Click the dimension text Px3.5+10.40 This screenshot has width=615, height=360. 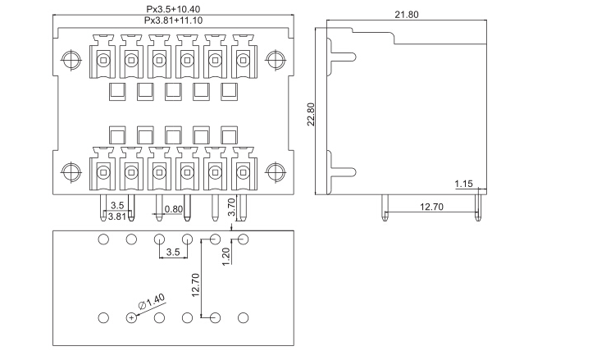172,8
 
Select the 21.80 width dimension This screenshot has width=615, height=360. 408,15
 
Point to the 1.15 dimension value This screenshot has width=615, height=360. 463,185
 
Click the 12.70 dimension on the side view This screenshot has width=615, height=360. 431,207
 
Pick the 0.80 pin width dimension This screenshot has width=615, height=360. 173,208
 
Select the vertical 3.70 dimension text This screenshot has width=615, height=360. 231,205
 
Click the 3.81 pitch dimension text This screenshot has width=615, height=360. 117,216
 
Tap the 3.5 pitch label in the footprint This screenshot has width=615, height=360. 173,253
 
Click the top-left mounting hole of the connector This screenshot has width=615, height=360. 71,60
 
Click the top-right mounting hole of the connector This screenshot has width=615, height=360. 275,60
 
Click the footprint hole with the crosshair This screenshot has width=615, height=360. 131,317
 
